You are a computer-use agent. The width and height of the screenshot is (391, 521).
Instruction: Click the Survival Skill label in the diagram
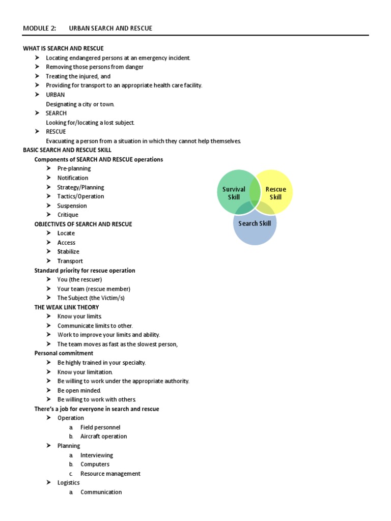coord(234,193)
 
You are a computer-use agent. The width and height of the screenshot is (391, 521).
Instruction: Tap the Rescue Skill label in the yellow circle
coord(275,193)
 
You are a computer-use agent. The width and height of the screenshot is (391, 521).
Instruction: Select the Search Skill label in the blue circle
coord(255,223)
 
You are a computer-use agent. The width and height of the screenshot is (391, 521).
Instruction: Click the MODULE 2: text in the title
coord(40,28)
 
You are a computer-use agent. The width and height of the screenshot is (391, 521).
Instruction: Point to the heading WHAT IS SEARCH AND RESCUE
coord(63,48)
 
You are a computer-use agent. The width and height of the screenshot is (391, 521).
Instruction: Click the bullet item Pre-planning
coord(74,168)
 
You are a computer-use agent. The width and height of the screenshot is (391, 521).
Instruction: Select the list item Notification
coord(73,178)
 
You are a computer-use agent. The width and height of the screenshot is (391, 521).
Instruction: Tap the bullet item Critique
coord(68,215)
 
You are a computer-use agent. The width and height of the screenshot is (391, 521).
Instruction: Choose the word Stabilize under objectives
coord(68,251)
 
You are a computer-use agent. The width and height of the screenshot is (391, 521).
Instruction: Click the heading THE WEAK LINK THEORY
coord(67,307)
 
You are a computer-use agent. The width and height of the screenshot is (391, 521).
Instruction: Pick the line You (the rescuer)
coord(79,279)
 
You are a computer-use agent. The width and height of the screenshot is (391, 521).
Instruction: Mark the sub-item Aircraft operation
coord(104,437)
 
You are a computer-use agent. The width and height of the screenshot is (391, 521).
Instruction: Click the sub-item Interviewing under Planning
coord(97,455)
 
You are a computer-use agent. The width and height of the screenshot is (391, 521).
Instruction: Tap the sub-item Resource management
coord(110,474)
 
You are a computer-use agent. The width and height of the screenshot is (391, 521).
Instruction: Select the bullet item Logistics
coord(68,482)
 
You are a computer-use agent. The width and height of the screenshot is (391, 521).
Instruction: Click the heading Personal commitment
coord(64,353)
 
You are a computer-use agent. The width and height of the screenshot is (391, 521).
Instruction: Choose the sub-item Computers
coord(95,464)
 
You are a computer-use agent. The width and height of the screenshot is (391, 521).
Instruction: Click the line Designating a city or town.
coord(80,104)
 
